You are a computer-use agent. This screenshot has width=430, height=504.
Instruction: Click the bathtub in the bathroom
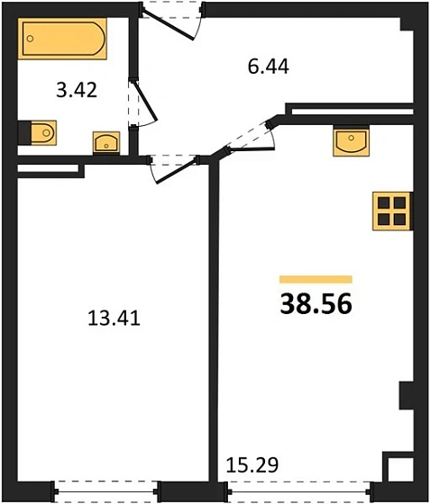pyautogui.click(x=65, y=40)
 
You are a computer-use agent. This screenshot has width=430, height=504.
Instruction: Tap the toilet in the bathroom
pyautogui.click(x=38, y=133)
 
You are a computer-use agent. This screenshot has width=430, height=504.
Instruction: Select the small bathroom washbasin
pyautogui.click(x=107, y=142)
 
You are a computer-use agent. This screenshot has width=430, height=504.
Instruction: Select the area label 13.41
pyautogui.click(x=113, y=317)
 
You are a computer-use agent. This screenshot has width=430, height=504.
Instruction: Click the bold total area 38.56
pyautogui.click(x=316, y=303)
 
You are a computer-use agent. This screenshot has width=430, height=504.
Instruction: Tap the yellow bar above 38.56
pyautogui.click(x=316, y=280)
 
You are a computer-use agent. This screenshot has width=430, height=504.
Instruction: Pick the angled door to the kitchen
pyautogui.click(x=247, y=135)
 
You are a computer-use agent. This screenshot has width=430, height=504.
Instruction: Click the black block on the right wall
pyautogui.click(x=407, y=396)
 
